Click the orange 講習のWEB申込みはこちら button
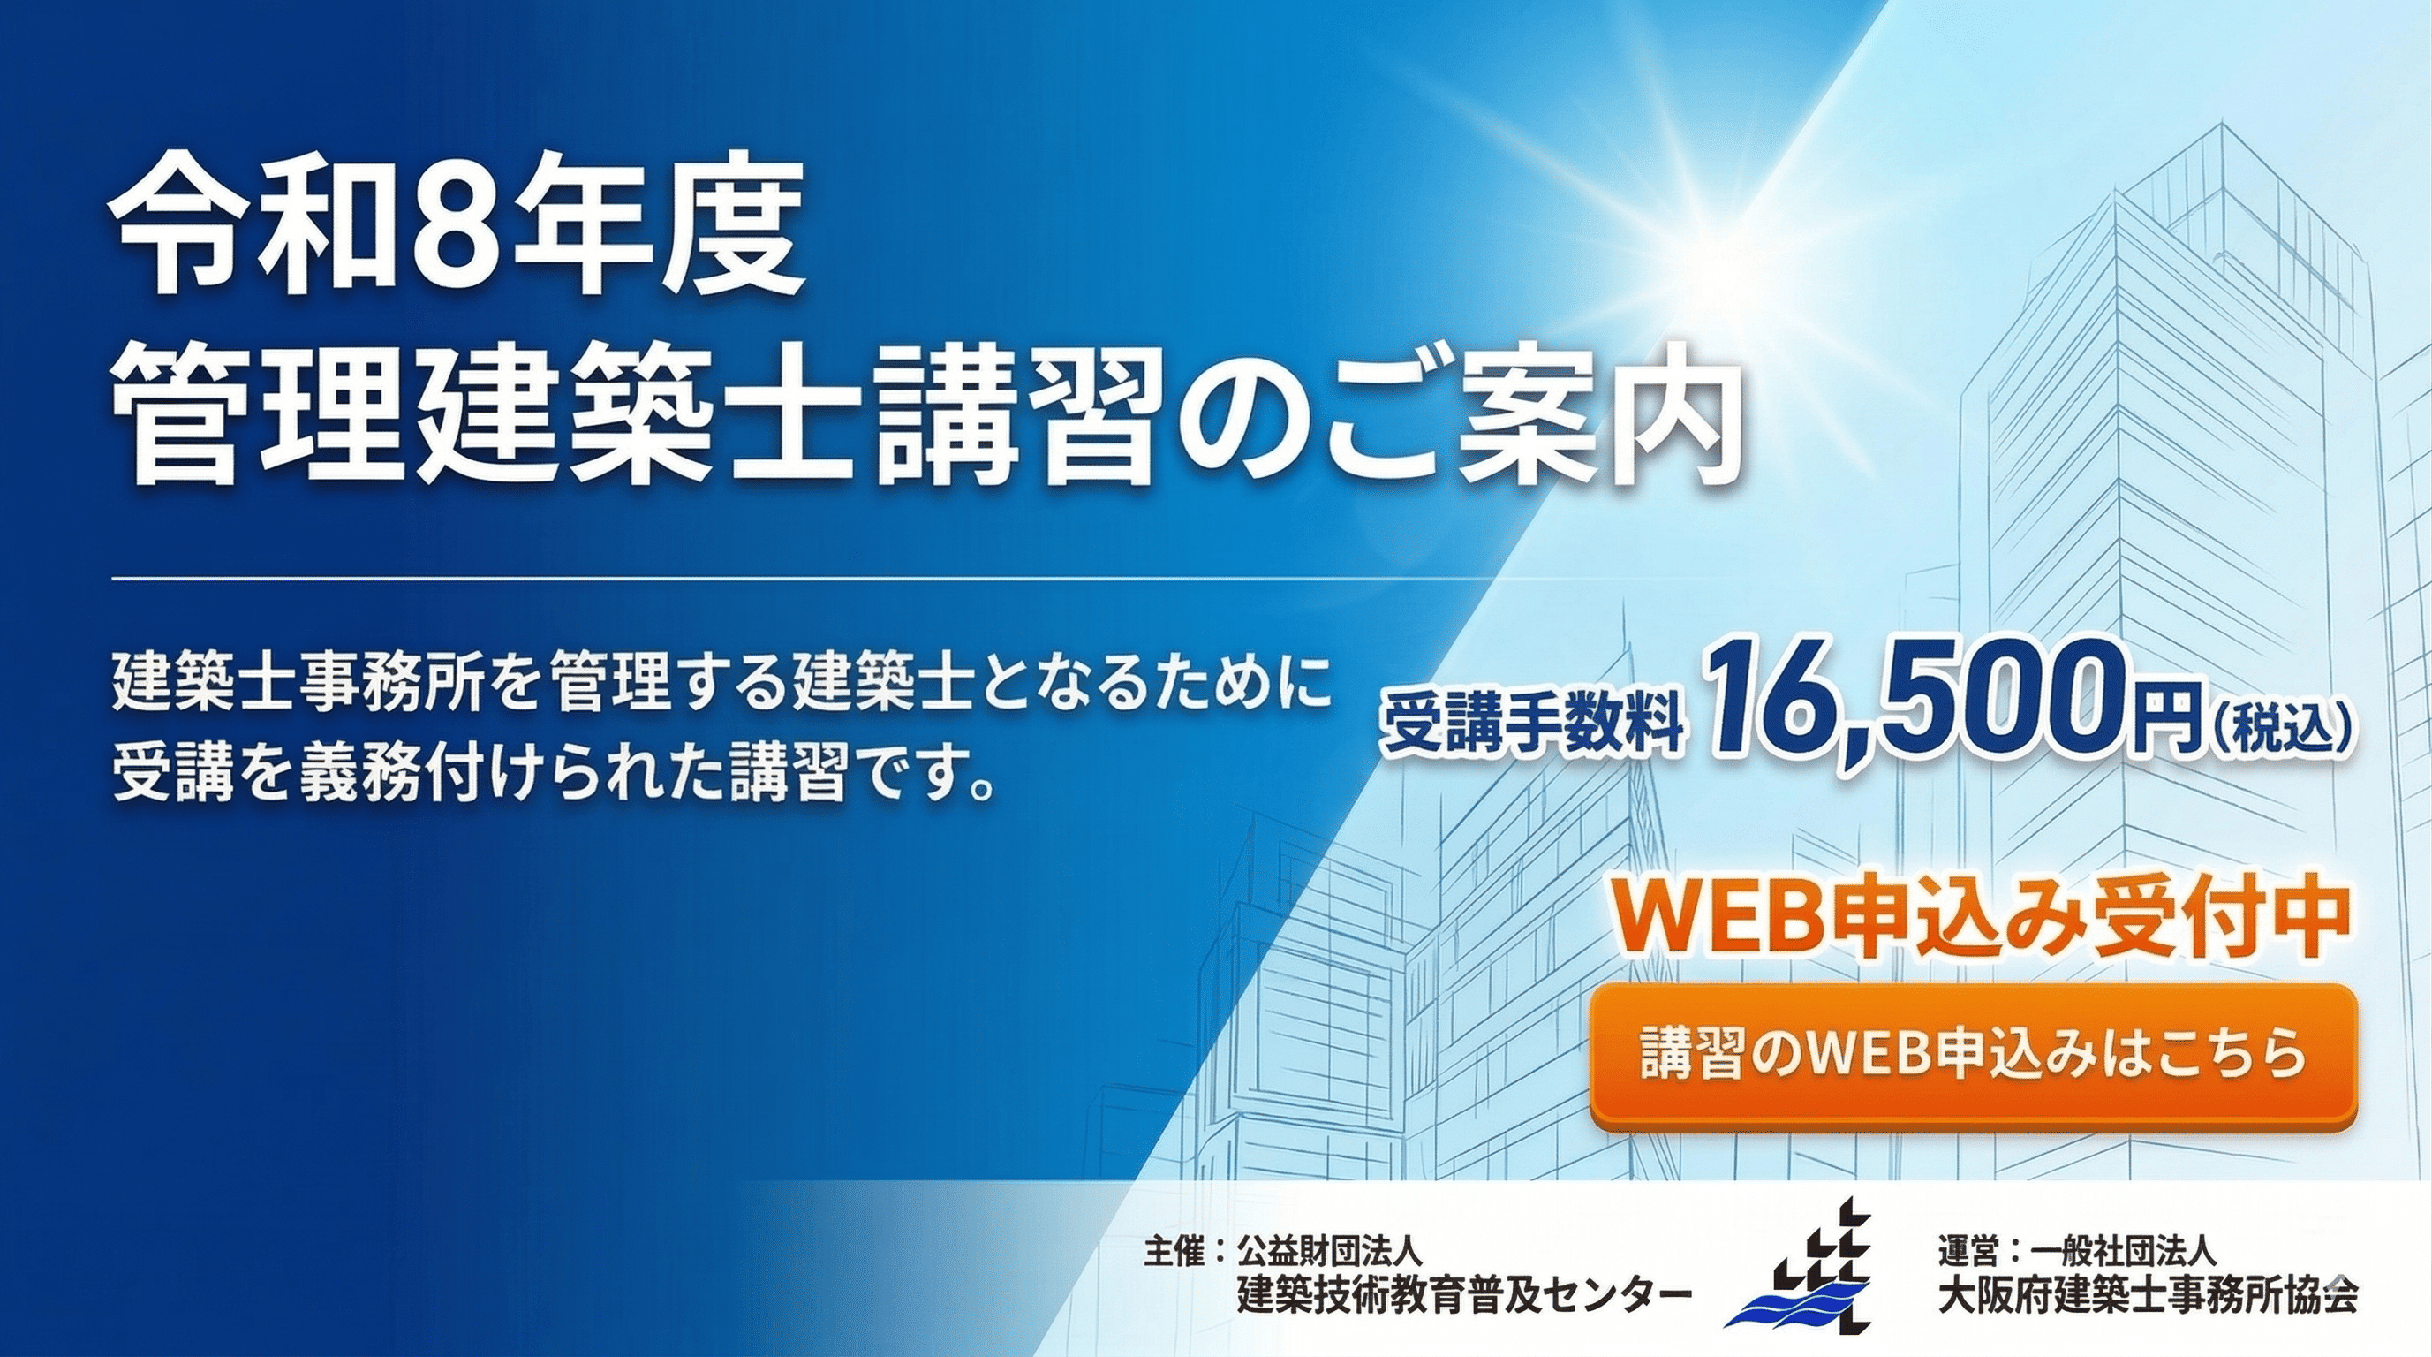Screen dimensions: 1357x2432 [1973, 1057]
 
